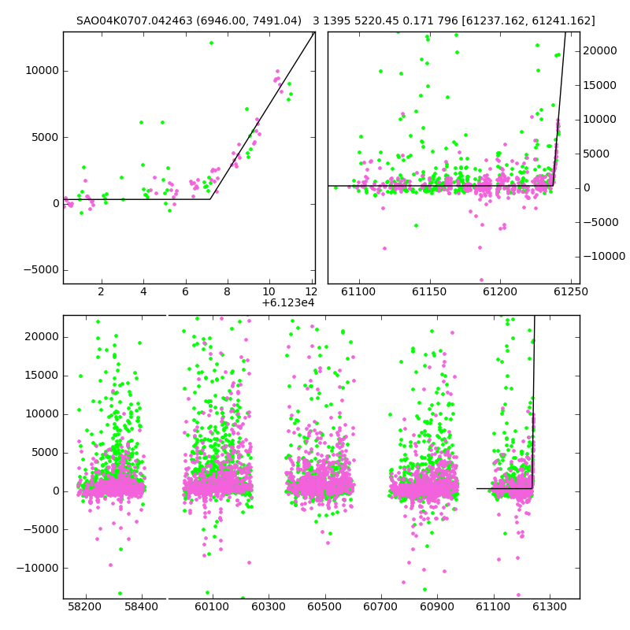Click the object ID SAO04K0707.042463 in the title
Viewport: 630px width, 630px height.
(135, 20)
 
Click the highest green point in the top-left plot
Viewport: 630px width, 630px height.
(211, 43)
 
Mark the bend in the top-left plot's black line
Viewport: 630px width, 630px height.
(210, 199)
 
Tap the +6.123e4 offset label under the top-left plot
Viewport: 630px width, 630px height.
(288, 303)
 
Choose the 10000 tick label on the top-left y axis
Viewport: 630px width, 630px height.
(43, 71)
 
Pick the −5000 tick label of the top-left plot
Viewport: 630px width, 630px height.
(41, 269)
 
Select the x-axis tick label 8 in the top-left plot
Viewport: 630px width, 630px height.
(227, 291)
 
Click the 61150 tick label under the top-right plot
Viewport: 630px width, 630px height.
(429, 291)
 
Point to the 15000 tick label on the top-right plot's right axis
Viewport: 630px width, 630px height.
(599, 85)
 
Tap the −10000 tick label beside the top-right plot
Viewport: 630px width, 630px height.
(604, 256)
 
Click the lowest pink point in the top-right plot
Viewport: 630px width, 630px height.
(481, 280)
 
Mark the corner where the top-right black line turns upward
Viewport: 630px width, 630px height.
(554, 186)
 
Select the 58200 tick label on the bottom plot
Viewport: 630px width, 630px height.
(85, 606)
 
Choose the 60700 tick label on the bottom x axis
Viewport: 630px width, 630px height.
(380, 606)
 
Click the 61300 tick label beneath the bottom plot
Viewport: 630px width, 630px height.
(549, 606)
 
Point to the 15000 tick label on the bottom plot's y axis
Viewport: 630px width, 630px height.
(43, 376)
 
